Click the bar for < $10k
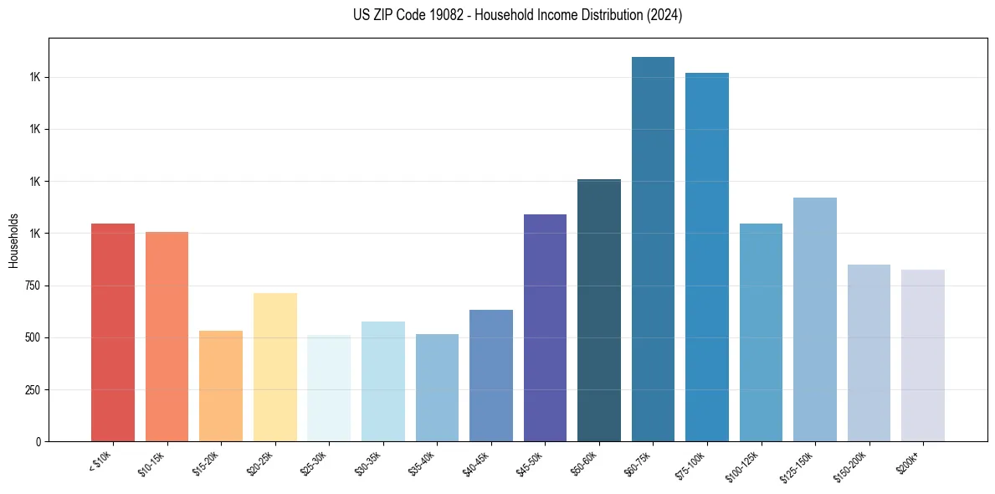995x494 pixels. [x=112, y=332]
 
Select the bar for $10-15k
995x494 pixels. [x=167, y=337]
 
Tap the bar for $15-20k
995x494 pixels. [x=221, y=386]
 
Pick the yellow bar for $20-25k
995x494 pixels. [x=274, y=367]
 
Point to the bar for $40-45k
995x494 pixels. [x=491, y=375]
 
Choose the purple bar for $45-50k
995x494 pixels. [x=545, y=327]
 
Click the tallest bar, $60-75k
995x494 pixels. [x=653, y=249]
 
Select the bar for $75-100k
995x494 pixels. [x=707, y=257]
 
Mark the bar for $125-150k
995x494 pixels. [x=815, y=319]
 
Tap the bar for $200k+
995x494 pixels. [x=923, y=355]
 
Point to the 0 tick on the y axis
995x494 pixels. [x=38, y=442]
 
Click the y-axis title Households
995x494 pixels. [x=13, y=240]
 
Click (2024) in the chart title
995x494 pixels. [x=664, y=15]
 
